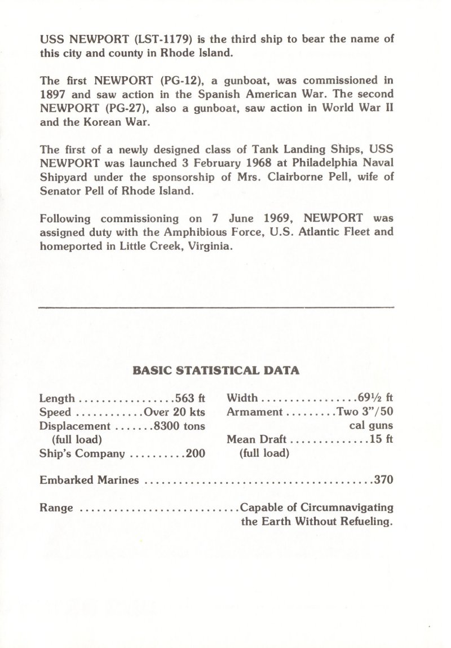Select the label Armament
(254, 412)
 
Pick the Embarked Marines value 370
(383, 481)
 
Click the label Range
(56, 508)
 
